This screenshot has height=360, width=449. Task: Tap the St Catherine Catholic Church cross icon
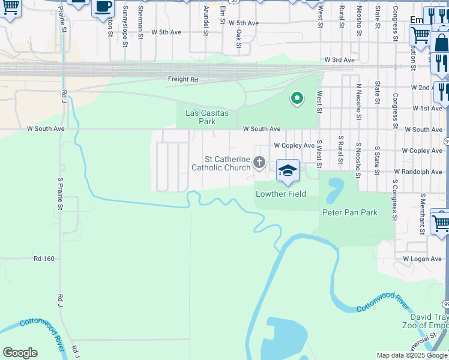tap(259, 162)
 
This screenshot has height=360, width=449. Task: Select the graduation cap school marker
tap(288, 170)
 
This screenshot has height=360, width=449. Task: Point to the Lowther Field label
tap(281, 194)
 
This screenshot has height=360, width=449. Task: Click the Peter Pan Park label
tap(350, 212)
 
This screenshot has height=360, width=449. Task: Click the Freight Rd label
tap(182, 79)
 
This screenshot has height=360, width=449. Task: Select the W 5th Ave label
tap(166, 32)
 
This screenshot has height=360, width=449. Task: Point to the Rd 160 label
tap(44, 259)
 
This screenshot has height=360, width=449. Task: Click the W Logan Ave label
tap(422, 259)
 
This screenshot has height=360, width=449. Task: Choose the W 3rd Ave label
tap(340, 60)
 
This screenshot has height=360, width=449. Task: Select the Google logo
tap(20, 353)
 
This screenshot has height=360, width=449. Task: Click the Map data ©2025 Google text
tap(412, 355)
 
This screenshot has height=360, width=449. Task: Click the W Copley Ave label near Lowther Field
tap(294, 145)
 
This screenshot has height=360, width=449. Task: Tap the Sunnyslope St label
tap(125, 26)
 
